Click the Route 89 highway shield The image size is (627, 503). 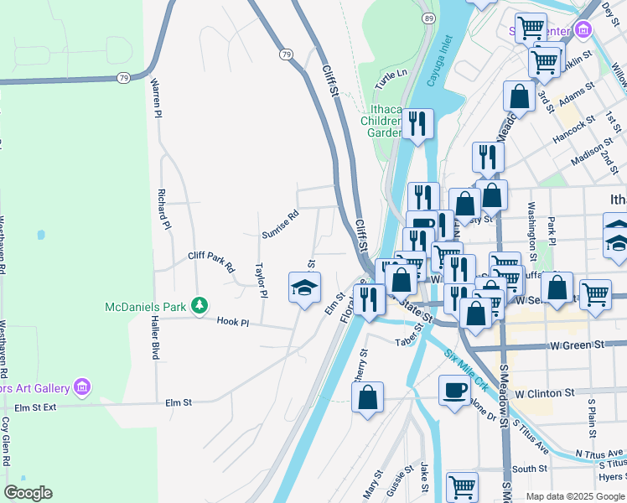(429, 18)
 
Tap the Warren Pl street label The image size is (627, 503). (156, 98)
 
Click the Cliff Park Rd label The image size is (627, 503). (210, 261)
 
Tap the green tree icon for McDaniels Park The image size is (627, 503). (199, 306)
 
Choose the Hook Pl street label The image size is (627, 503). (233, 321)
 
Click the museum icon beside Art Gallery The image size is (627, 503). (81, 386)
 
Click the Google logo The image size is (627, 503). (28, 493)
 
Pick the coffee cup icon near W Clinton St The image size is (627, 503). (455, 390)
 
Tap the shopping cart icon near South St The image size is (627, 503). (462, 486)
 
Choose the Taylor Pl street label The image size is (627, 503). (261, 281)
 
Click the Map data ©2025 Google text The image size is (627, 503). (574, 496)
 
